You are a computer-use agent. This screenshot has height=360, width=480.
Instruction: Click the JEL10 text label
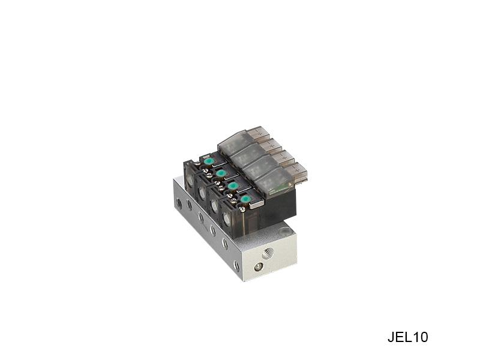[x=408, y=337]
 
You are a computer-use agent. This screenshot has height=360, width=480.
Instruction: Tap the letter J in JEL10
[x=391, y=337]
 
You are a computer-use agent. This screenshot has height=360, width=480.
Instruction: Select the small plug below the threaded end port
[x=259, y=267]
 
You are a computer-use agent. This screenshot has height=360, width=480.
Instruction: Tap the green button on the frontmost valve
[x=245, y=199]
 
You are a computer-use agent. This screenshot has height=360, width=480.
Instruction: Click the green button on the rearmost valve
[x=209, y=161]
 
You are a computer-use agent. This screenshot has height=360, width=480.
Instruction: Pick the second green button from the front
[x=233, y=186]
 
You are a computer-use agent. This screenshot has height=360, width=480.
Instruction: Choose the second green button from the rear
[x=220, y=173]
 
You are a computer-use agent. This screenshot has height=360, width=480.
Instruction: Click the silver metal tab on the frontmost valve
[x=257, y=205]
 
